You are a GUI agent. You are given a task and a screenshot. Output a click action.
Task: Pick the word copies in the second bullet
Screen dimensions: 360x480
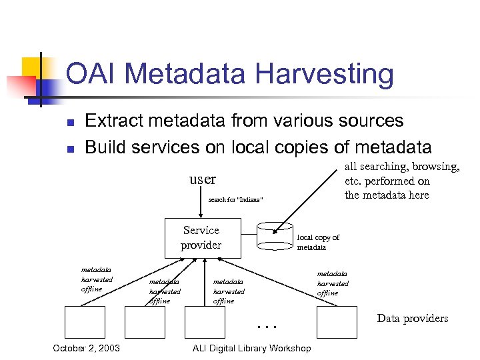pos(300,147)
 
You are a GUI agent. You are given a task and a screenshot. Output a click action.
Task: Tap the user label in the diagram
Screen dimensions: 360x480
pos(203,179)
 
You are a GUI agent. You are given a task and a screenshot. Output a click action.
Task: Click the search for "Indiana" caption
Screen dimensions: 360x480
pos(235,199)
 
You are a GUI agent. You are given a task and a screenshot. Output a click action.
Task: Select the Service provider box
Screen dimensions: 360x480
pos(201,238)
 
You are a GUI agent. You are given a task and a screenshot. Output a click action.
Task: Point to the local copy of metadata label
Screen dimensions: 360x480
pos(318,242)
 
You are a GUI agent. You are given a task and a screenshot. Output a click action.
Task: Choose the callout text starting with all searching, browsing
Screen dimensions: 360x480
pos(401,181)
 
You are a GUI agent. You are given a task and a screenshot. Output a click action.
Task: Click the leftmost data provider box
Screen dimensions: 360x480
pos(85,323)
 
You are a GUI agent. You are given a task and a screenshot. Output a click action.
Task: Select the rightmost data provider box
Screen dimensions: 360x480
pos(337,323)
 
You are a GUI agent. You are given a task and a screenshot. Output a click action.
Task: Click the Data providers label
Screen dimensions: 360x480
pos(412,318)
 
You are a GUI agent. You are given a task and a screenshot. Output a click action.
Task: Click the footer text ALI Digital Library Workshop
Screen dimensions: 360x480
pos(251,348)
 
